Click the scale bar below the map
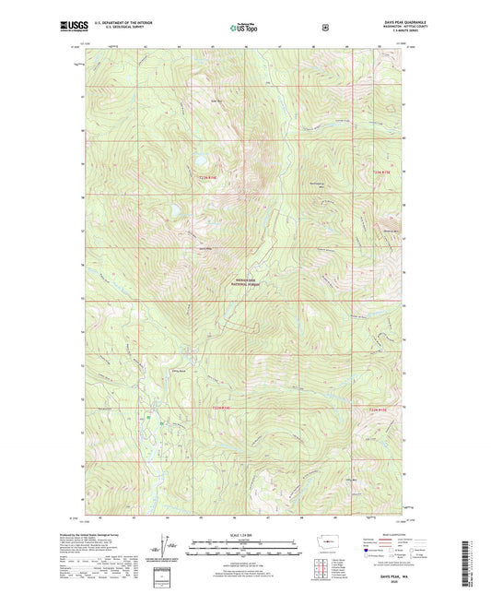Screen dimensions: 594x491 tap(244, 541)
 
